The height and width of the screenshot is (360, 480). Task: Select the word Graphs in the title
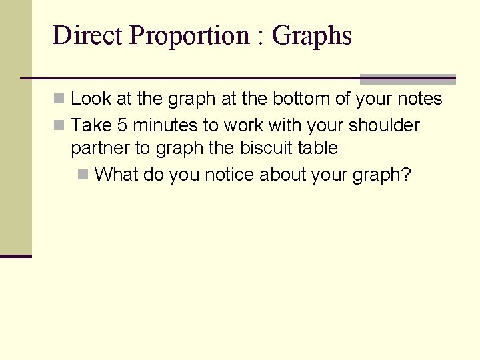tap(312, 35)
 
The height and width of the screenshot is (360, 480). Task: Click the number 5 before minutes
tap(121, 125)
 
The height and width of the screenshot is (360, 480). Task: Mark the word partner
tap(100, 148)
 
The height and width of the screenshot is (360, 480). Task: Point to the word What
tap(117, 175)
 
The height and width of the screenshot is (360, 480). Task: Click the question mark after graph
tap(406, 175)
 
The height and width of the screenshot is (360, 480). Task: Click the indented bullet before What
tap(83, 175)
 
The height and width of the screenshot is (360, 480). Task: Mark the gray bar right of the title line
tap(407, 79)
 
